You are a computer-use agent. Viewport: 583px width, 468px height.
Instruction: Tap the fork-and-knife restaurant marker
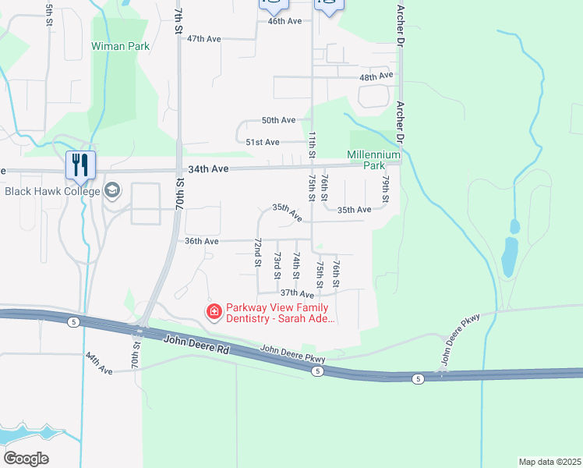79,165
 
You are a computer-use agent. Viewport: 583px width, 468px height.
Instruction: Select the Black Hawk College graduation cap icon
112,191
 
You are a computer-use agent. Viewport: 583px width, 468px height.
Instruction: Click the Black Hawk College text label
52,191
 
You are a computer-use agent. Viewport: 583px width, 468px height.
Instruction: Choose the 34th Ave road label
207,168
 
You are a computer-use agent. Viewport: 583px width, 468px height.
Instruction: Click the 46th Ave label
284,21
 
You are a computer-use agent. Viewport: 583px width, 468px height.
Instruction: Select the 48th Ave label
376,77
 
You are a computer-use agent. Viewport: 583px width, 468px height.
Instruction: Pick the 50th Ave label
278,120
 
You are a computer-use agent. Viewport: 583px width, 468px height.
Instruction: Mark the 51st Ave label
262,142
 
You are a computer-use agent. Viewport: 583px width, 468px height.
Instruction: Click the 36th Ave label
201,241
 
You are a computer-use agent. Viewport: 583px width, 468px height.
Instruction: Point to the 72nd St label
257,253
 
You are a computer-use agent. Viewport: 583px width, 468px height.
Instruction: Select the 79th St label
386,190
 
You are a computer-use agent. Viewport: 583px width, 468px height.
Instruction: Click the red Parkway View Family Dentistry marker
213,311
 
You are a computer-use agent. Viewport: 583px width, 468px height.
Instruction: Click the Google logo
26,459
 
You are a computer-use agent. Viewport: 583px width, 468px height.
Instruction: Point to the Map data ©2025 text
549,462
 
